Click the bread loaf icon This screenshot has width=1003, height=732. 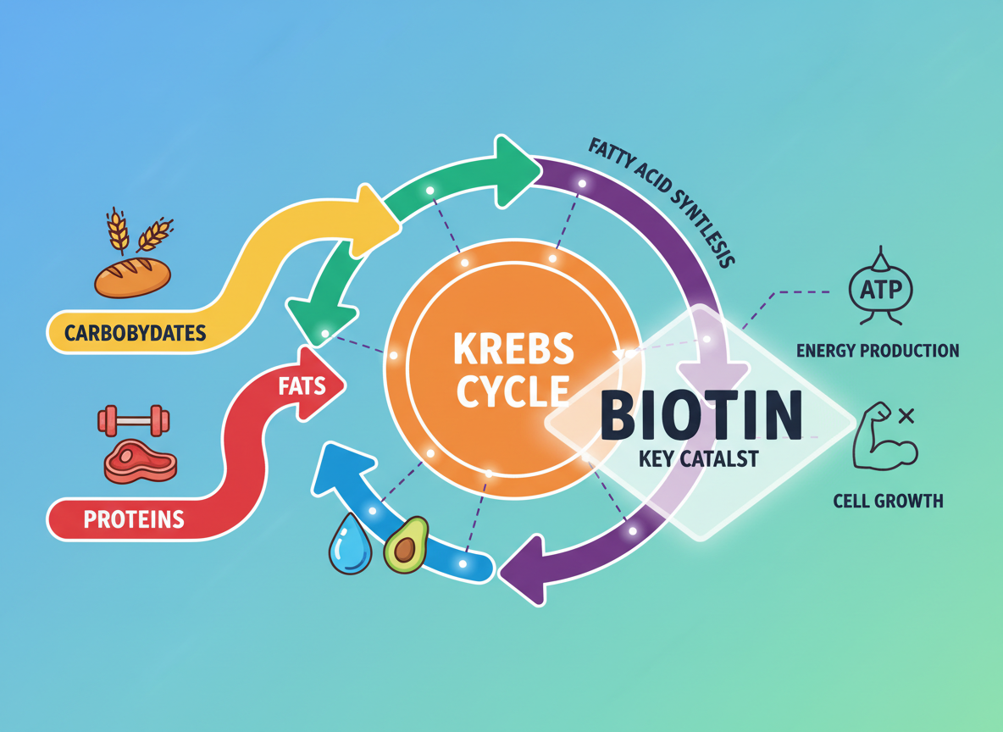132,276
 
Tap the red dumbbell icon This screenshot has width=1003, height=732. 134,420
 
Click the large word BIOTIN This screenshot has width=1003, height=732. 701,414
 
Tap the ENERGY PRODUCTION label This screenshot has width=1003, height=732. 878,350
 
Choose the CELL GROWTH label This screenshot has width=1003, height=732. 888,501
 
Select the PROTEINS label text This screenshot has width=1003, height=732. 134,518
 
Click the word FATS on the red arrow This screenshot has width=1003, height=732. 302,387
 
